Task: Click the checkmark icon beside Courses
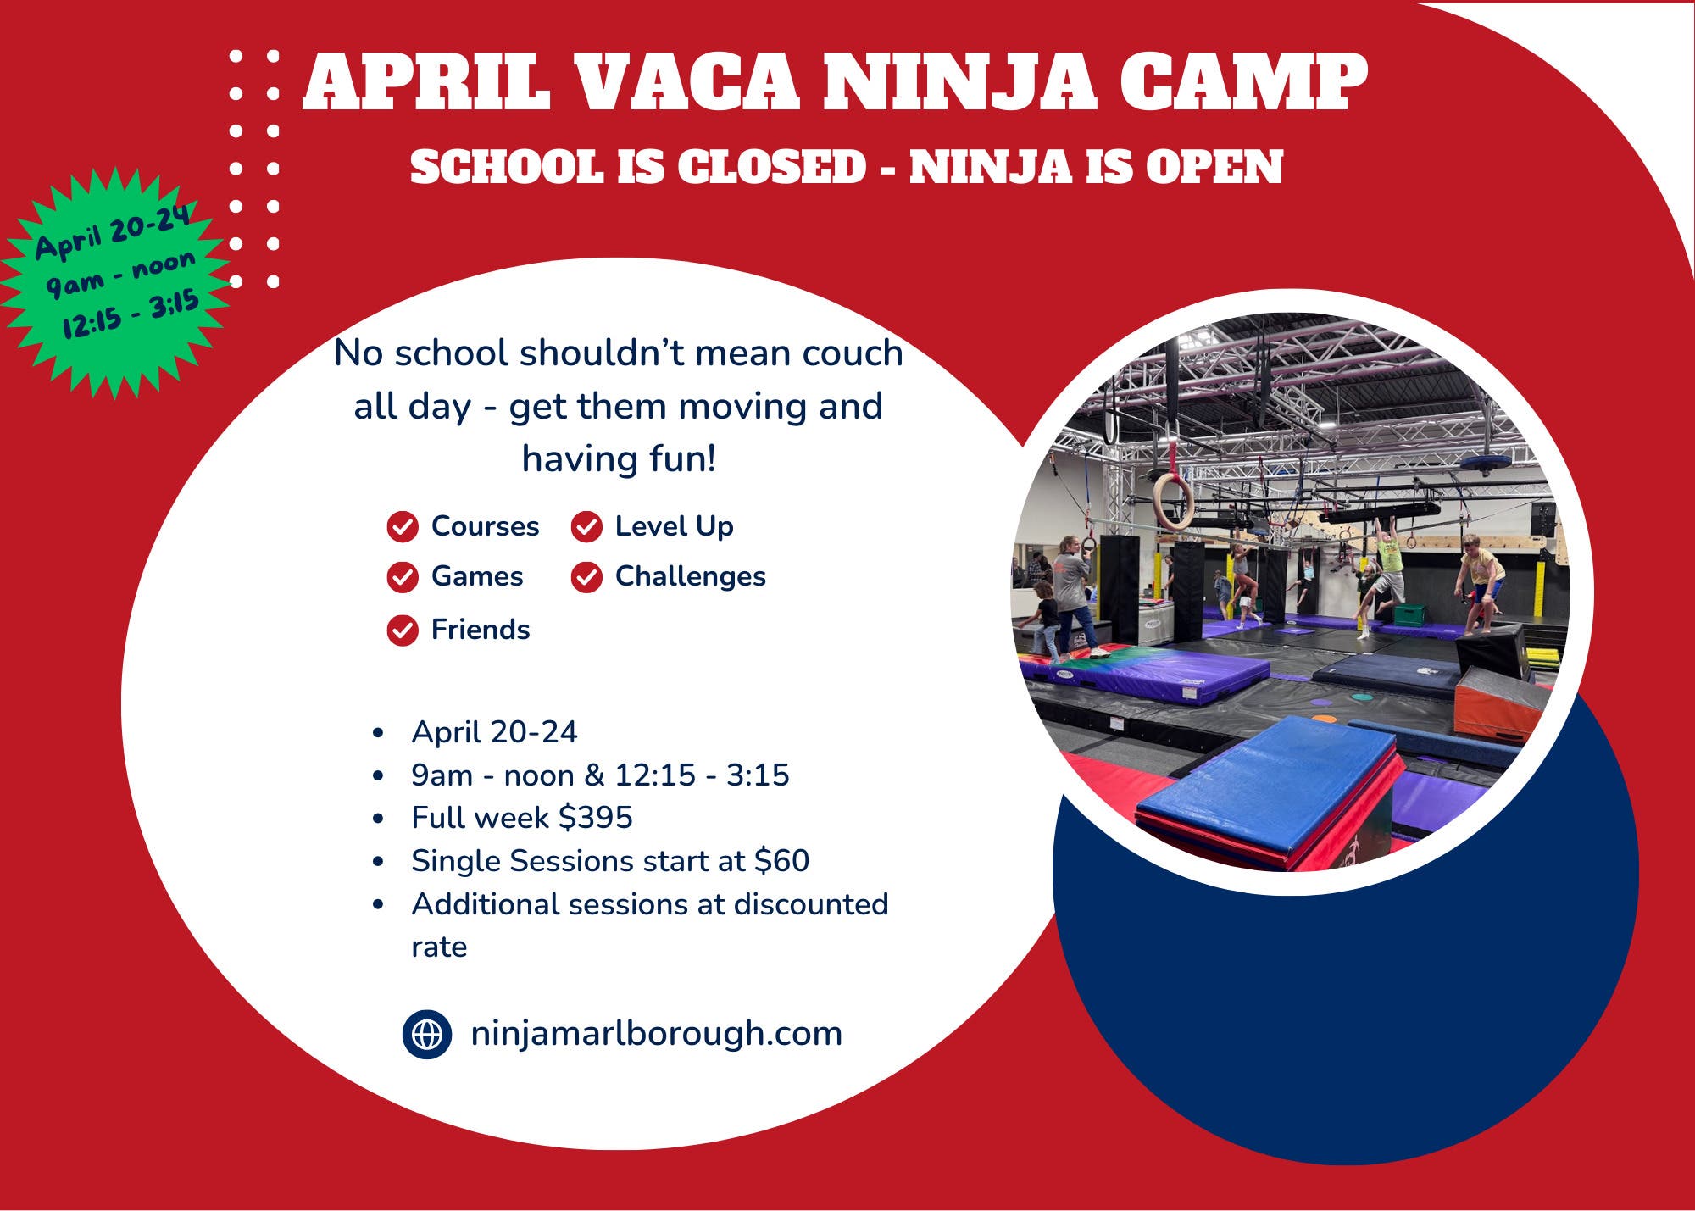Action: coord(403,526)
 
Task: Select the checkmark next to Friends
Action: coord(403,630)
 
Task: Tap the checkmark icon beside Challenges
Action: coord(586,577)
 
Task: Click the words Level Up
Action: coord(675,526)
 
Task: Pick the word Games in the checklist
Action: coord(477,576)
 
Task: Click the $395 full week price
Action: coord(596,818)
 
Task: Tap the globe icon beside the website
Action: coord(427,1034)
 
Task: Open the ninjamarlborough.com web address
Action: coord(656,1035)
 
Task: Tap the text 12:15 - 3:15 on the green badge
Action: coord(131,314)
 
